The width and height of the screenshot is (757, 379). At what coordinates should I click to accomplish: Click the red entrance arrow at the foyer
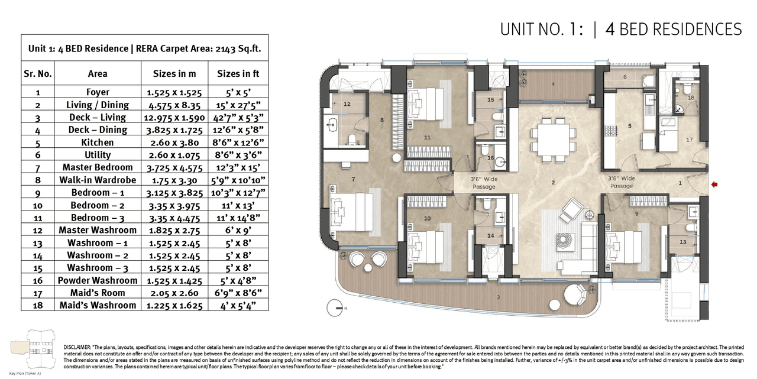pos(714,185)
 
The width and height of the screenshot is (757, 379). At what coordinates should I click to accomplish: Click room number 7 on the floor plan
pos(353,179)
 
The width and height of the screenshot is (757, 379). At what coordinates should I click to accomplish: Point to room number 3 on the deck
pos(499,297)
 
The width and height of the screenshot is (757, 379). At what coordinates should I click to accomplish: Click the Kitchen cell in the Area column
pos(98,142)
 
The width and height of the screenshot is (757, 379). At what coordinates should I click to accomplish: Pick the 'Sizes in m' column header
pos(172,73)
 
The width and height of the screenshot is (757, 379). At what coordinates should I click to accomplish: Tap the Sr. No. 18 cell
pos(37,305)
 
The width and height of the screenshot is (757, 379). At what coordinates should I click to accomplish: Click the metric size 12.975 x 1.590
pos(172,117)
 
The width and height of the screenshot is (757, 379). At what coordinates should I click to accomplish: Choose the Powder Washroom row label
pos(98,280)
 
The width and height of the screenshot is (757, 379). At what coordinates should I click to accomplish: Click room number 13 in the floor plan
pos(682,242)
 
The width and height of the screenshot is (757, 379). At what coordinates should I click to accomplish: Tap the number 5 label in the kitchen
pos(630,126)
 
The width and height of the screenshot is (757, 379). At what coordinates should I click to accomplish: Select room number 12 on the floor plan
pos(347,104)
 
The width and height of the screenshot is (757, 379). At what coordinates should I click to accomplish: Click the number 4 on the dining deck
pos(553,84)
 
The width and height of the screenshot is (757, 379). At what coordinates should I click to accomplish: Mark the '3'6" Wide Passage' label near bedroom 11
pos(483,182)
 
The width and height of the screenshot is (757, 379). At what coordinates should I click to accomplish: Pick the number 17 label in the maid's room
pos(689,140)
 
